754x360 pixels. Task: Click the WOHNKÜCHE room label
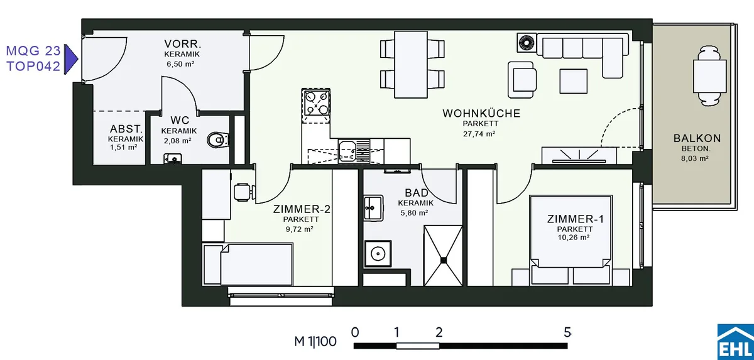click(x=481, y=113)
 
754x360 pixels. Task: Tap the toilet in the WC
click(x=218, y=140)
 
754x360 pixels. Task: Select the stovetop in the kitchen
click(x=316, y=102)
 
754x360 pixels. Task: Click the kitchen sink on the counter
click(x=347, y=151)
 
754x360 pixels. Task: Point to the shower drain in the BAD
click(x=444, y=259)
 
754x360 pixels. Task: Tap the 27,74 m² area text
click(x=479, y=134)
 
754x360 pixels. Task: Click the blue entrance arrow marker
click(x=71, y=59)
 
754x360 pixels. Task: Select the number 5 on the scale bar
click(x=567, y=332)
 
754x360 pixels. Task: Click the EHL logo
click(x=736, y=342)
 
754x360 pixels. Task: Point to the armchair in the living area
click(x=522, y=80)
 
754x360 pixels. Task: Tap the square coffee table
click(x=574, y=81)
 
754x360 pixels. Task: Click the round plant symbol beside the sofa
click(x=527, y=43)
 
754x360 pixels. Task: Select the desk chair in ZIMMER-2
click(x=244, y=192)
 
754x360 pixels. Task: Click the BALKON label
click(x=697, y=138)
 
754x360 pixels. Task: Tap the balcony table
click(x=709, y=77)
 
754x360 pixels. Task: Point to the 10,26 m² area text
click(x=573, y=237)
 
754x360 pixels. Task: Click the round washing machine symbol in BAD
click(x=378, y=253)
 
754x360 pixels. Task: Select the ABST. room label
click(x=126, y=129)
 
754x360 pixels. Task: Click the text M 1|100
click(x=315, y=342)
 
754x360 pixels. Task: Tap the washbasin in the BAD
click(x=373, y=207)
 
